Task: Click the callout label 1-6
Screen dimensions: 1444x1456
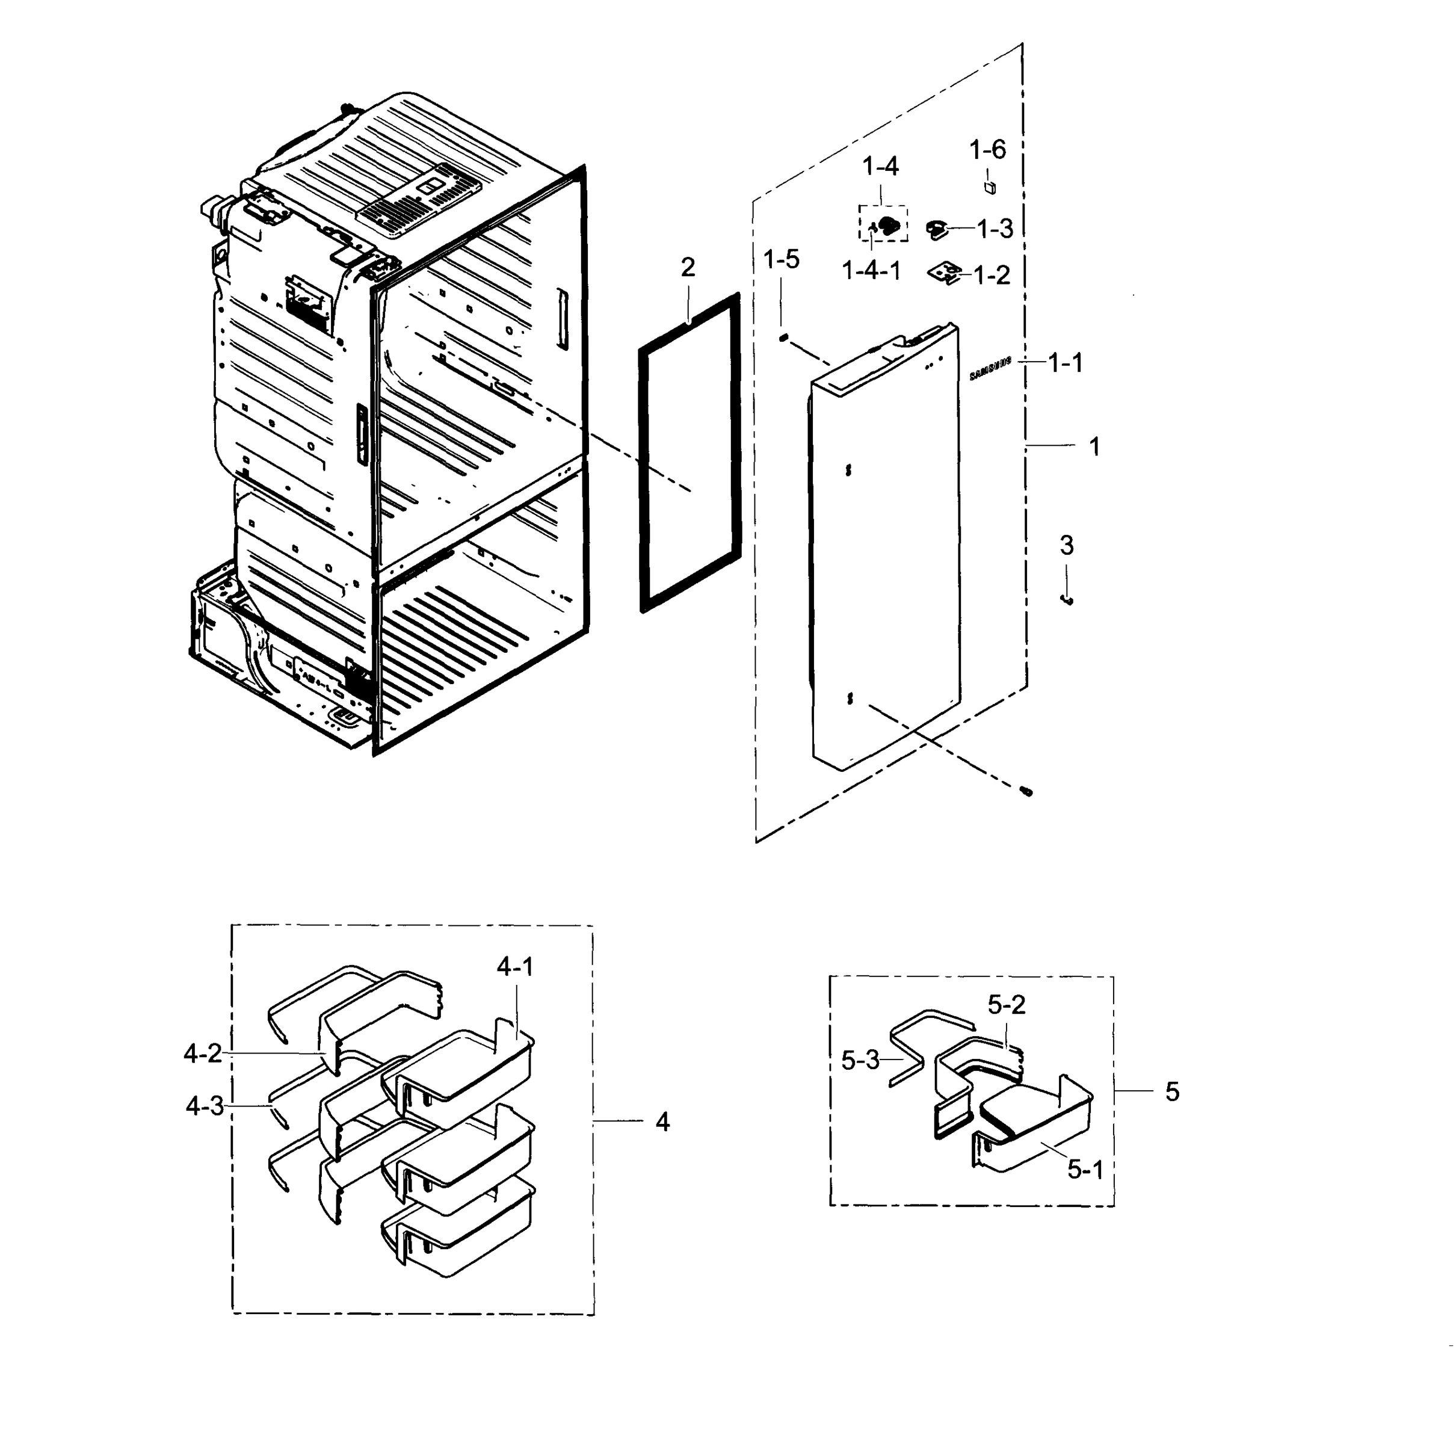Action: coord(987,150)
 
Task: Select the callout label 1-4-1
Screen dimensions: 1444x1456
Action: coord(871,271)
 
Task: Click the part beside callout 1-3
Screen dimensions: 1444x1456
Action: coord(936,229)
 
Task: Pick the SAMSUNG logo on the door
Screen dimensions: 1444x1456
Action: coord(990,367)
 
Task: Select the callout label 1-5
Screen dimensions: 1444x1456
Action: coord(781,260)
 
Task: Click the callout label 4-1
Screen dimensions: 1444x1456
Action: coord(515,967)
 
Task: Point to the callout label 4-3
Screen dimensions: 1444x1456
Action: coord(204,1106)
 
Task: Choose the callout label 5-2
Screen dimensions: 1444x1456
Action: coord(1006,1005)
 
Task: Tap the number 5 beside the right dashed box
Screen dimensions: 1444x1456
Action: coord(1172,1091)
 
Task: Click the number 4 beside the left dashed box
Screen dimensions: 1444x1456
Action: coord(662,1122)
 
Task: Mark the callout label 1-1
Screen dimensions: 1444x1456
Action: coord(1066,363)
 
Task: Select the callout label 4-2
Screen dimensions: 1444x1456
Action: coord(203,1054)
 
